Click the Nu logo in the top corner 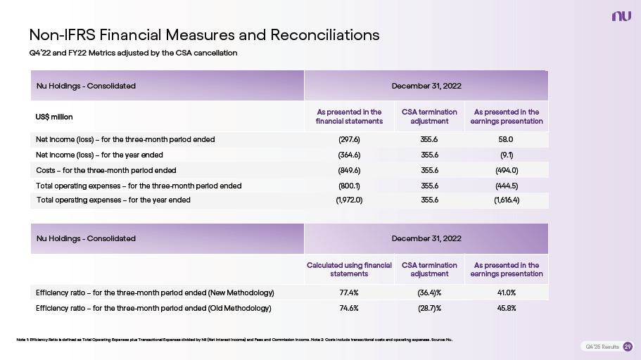pos(621,16)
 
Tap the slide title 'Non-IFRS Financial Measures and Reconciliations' pos(204,34)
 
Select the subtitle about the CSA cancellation pos(133,53)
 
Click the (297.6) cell pos(349,139)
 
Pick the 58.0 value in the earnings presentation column pos(506,139)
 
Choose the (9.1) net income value pos(506,155)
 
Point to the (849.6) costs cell pos(349,170)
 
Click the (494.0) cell pos(506,170)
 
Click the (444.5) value pos(506,186)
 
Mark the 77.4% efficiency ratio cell pos(349,292)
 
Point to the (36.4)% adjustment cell pos(429,292)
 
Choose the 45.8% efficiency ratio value pos(506,308)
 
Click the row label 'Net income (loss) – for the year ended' pos(99,155)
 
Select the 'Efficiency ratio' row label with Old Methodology pos(153,308)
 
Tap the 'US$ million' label pos(54,116)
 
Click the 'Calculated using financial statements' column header pos(349,269)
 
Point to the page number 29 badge pos(628,347)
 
